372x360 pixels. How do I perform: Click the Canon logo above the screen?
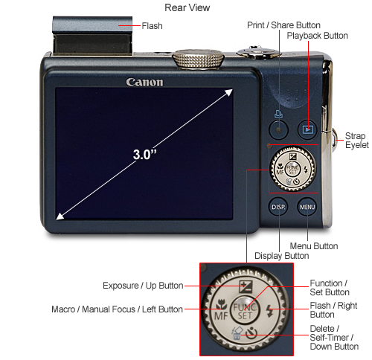(x=144, y=83)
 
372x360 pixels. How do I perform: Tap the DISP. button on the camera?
(x=278, y=207)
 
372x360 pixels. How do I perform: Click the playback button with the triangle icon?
(x=308, y=129)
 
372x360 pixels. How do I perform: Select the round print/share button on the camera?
(x=278, y=129)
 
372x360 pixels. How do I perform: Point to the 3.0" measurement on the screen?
(x=145, y=155)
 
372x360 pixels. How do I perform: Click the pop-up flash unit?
(x=92, y=36)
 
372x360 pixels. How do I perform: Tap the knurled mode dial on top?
(x=198, y=58)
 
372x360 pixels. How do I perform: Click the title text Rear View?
(x=187, y=7)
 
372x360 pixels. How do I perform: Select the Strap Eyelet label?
(x=357, y=141)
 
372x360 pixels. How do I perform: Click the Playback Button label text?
(x=317, y=36)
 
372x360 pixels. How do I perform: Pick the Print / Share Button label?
(x=283, y=25)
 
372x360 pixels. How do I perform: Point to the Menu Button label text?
(x=314, y=246)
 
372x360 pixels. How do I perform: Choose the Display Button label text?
(x=282, y=256)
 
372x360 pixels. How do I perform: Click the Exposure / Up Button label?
(x=143, y=286)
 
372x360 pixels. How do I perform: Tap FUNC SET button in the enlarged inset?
(x=245, y=311)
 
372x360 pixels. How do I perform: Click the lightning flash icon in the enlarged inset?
(x=269, y=311)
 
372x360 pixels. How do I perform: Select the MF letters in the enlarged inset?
(x=221, y=316)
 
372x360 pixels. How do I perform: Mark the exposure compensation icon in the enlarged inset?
(x=246, y=287)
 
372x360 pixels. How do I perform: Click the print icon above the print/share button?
(x=278, y=114)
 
